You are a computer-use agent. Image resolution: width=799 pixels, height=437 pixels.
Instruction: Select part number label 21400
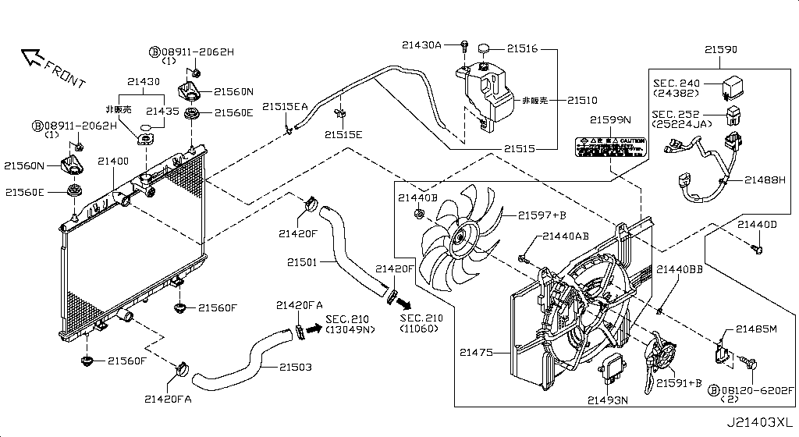tap(112, 161)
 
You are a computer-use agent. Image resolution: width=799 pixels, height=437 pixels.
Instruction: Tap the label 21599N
tap(609, 120)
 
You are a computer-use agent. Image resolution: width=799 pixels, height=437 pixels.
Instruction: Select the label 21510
tap(581, 101)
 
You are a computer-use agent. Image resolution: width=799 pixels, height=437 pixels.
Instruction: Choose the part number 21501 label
tap(301, 262)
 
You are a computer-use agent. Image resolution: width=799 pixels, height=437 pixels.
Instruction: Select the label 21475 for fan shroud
tap(477, 353)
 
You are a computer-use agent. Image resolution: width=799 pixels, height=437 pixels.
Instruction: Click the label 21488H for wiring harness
tap(764, 179)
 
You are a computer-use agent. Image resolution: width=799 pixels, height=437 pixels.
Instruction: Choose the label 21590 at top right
tap(720, 49)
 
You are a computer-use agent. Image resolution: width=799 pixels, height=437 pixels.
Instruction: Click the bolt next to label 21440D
tap(755, 249)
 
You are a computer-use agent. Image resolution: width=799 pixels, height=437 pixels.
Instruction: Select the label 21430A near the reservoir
tap(422, 45)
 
